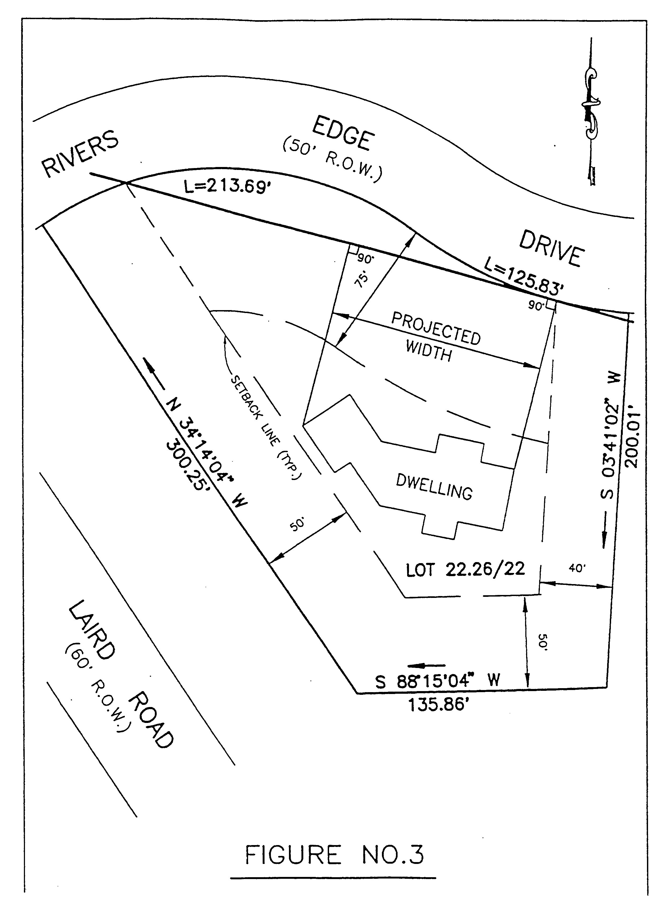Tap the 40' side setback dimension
click(x=576, y=568)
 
